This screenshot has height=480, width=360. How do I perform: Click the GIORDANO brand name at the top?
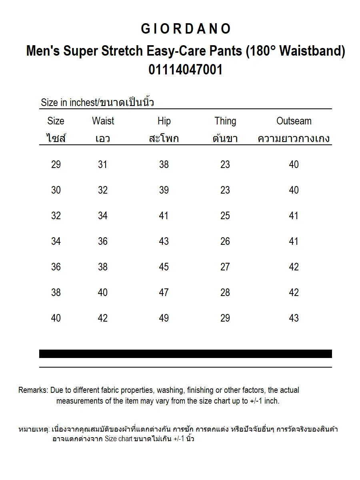[186, 29]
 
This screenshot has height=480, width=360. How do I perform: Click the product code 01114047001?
[186, 70]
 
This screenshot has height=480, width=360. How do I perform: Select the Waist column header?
[103, 121]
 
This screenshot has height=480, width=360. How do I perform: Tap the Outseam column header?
[294, 121]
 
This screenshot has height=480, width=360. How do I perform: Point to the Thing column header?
[225, 121]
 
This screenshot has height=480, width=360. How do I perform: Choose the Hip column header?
[164, 121]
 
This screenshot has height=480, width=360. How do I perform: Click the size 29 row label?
[56, 164]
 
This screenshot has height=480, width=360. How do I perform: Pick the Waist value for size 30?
[103, 190]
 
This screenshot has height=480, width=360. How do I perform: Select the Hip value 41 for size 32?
[164, 216]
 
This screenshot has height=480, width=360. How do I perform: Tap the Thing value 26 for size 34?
[225, 241]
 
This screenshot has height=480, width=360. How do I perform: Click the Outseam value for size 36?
[294, 267]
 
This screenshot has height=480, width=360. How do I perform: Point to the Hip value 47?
[164, 292]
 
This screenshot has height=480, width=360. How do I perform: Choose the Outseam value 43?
[294, 318]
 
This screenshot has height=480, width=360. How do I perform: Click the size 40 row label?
[56, 318]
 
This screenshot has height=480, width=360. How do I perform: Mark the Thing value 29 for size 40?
[225, 318]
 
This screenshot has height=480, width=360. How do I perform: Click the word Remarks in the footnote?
[33, 390]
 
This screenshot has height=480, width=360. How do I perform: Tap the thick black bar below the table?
[186, 354]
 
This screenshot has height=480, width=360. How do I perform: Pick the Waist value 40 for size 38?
[103, 292]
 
